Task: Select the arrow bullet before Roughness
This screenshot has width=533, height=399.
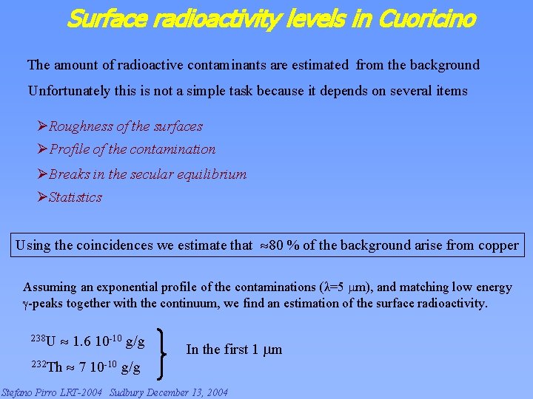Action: [42, 126]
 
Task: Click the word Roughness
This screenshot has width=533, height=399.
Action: [81, 126]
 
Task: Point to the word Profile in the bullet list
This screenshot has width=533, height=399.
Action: [70, 149]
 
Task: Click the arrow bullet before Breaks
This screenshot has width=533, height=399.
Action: [42, 174]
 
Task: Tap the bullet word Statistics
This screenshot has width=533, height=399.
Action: [75, 197]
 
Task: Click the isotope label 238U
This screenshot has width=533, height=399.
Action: [44, 341]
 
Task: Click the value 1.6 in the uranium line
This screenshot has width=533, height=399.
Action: [81, 342]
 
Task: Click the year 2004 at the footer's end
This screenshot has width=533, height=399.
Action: [215, 392]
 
